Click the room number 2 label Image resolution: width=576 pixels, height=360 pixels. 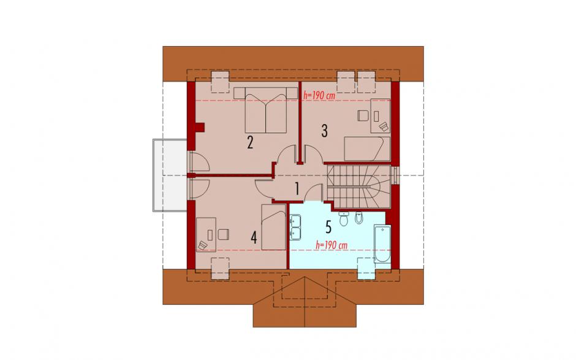250,142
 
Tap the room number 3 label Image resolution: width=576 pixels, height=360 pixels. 324,131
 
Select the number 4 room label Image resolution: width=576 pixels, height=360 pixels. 254,237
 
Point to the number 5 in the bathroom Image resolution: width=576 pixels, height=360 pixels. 328,226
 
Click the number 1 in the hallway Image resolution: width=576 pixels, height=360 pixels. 297,189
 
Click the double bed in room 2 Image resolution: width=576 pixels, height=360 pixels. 265,110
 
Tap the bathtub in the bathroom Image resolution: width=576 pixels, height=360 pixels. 383,244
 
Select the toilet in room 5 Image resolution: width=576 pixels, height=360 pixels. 344,219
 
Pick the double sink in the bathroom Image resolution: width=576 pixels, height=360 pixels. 295,227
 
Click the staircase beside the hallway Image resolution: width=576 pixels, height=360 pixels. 358,186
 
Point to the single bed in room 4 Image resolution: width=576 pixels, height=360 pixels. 274,228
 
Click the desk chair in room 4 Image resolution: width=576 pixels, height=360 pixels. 223,234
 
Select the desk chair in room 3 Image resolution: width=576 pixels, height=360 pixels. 363,116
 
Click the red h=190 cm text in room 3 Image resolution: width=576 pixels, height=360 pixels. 319,95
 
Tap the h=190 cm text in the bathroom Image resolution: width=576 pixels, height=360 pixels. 332,245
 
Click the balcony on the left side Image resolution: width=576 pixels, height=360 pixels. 170,175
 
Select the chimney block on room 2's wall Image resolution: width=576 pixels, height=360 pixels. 200,127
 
